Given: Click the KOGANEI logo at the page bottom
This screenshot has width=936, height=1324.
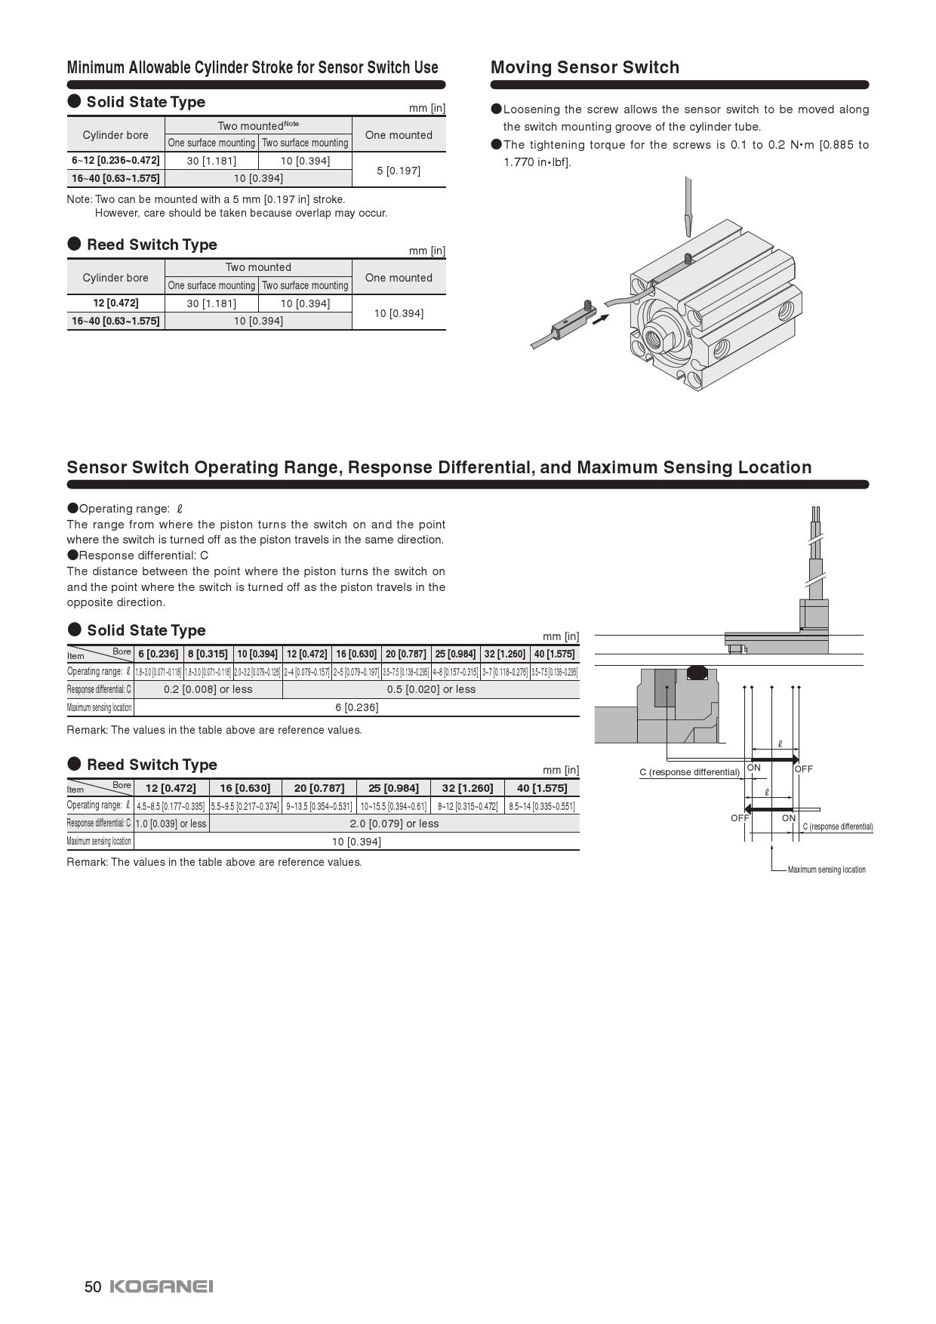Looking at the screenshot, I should [162, 1286].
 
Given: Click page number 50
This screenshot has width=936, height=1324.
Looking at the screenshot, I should [93, 1287].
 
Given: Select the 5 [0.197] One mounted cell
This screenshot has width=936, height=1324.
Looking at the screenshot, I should [399, 170].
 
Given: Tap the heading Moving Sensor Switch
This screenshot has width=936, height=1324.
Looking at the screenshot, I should [585, 67].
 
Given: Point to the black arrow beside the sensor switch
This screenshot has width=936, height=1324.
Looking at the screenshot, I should [600, 319].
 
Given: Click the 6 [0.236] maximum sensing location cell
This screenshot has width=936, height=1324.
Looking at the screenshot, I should [356, 707].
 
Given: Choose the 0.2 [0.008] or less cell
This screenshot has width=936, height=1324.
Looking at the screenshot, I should [208, 689].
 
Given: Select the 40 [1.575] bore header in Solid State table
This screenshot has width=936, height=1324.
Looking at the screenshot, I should [554, 654].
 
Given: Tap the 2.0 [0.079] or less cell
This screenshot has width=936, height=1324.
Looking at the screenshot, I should [394, 824].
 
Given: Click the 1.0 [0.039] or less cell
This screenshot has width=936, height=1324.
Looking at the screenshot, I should [171, 824].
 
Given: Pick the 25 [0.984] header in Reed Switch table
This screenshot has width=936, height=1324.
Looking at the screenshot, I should [393, 788].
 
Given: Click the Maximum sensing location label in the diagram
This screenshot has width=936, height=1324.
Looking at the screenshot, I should [827, 870].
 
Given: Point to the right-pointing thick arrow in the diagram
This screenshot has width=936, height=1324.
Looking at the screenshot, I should [774, 759].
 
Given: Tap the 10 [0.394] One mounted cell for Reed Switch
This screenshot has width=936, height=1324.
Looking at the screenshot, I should [399, 313].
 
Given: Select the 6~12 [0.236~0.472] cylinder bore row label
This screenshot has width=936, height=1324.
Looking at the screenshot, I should [115, 160].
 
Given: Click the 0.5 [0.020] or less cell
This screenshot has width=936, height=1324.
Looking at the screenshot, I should [431, 689].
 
